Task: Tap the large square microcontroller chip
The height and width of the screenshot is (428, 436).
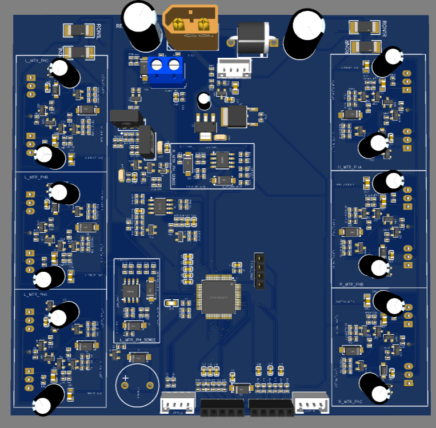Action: pos(218,296)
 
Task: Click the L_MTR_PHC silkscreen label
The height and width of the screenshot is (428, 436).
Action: pos(35,60)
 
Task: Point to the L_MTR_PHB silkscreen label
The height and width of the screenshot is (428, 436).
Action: pos(35,177)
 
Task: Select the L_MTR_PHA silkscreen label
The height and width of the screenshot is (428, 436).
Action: pos(35,295)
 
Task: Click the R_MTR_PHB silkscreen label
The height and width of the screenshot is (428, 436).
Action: pos(351,283)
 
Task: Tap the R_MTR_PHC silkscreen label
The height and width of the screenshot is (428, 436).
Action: pos(351,402)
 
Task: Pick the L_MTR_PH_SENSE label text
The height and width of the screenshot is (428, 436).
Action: pos(137,340)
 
